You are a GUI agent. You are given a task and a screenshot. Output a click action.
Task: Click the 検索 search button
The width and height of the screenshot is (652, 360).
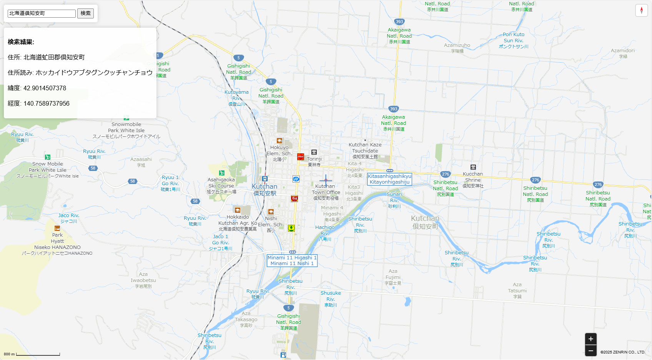[x=85, y=13]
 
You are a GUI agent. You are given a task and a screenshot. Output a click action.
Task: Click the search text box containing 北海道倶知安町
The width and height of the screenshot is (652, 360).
[x=42, y=13]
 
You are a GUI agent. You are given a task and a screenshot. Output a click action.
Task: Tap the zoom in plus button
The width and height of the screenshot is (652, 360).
[x=590, y=339]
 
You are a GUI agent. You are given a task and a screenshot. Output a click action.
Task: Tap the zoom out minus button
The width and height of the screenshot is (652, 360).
[x=590, y=350]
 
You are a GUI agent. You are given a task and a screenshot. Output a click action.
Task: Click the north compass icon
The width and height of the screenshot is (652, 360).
[x=641, y=10]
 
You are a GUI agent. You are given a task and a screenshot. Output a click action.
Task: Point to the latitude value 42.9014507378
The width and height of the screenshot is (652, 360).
[x=45, y=88]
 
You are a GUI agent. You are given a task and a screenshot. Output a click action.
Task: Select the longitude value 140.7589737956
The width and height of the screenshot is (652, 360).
[x=47, y=103]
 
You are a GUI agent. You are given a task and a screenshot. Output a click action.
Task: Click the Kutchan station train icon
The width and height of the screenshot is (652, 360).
[x=265, y=179]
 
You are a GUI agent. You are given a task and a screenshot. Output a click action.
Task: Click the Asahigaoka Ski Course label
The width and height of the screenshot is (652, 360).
[x=221, y=185]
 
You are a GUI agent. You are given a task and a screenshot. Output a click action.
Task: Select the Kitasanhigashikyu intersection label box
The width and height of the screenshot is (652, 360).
[x=389, y=179]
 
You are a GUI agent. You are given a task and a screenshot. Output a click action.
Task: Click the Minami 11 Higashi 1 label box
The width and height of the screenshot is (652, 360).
[x=292, y=260]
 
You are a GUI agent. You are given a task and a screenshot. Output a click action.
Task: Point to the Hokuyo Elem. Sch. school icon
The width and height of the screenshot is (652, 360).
[x=279, y=141]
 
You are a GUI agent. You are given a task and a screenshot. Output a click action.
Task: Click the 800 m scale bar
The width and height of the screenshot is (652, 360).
[x=38, y=354]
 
